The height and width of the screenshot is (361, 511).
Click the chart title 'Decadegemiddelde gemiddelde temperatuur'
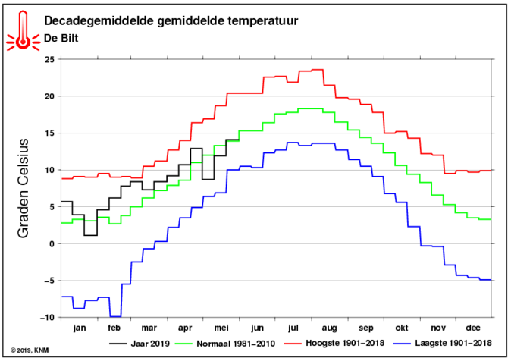(171, 21)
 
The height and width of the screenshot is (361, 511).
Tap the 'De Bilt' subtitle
(61, 38)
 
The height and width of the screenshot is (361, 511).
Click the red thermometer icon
(23, 30)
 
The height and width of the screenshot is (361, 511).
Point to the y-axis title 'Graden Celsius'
(24, 188)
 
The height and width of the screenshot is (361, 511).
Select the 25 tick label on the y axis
(51, 59)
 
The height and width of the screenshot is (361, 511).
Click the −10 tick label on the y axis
(49, 317)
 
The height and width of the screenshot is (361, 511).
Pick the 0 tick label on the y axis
(53, 243)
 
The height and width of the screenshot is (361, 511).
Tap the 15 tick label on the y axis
(51, 133)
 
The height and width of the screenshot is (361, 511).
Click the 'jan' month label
(80, 328)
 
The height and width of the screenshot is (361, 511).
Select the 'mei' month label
(221, 328)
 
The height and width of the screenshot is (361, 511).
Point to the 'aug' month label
(330, 328)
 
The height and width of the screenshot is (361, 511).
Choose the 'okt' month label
(402, 328)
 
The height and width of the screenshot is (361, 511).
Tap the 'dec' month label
(473, 328)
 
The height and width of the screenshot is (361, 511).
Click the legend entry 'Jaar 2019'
(140, 344)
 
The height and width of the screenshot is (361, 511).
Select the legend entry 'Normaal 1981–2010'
(225, 344)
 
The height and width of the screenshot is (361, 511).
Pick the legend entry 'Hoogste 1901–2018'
(334, 343)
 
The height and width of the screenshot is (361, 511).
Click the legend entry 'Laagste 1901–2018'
(443, 343)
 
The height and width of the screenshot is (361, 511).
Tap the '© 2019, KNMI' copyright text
(30, 350)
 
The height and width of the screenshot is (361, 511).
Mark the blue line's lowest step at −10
(115, 317)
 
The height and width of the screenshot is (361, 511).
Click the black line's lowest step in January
(90, 235)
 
